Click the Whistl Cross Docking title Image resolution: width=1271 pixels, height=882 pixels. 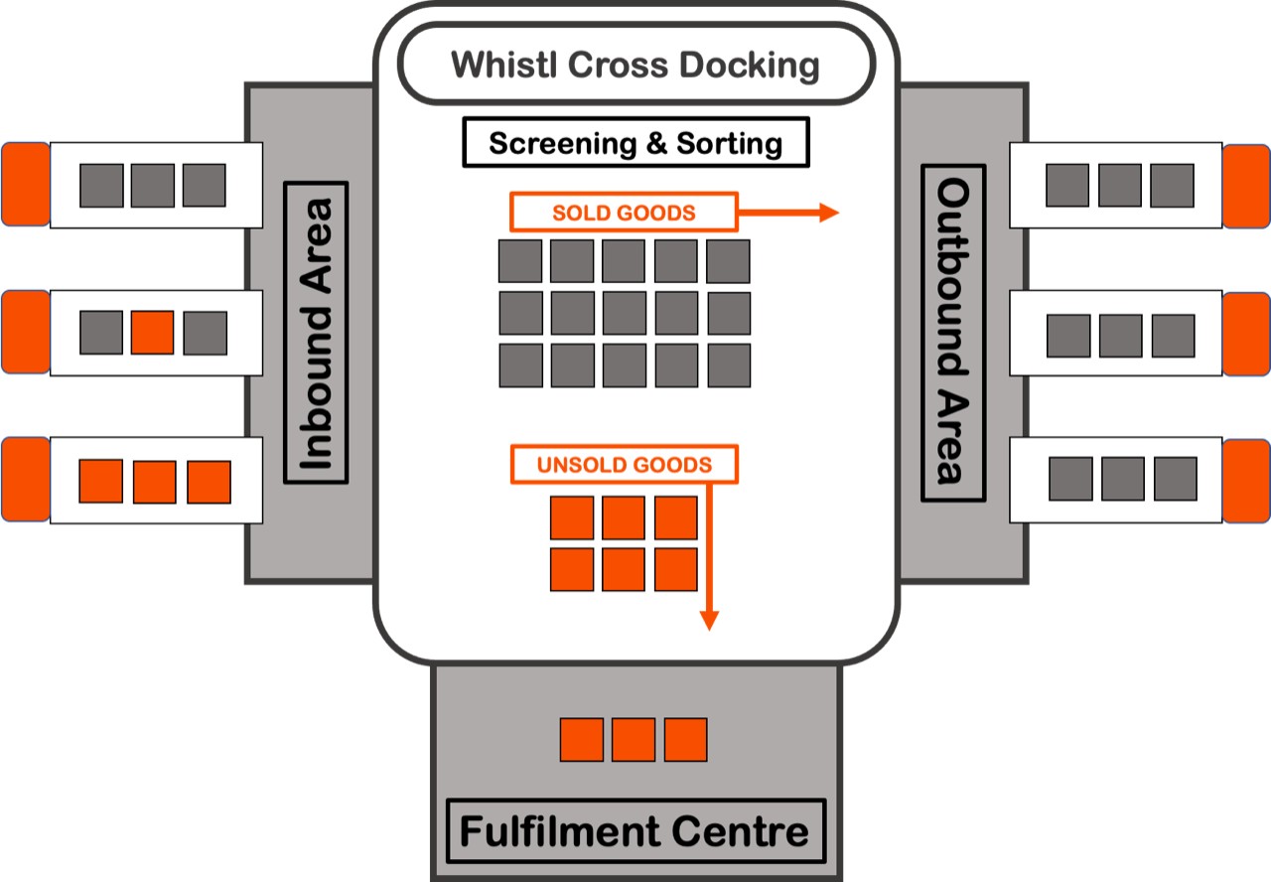[635, 66]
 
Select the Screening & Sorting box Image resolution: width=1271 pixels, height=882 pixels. [635, 143]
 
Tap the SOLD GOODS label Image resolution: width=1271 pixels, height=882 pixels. [624, 213]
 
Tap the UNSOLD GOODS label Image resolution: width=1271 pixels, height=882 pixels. [625, 465]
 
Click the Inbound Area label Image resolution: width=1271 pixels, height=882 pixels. [316, 333]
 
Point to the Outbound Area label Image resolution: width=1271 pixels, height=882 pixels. [953, 333]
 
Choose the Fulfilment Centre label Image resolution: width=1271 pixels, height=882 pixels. [635, 830]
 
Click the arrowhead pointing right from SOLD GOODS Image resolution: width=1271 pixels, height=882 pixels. [830, 213]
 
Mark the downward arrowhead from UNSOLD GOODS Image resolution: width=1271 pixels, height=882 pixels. [708, 620]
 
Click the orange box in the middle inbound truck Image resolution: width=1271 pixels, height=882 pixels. [153, 333]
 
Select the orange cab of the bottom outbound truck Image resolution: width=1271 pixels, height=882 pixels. [1246, 481]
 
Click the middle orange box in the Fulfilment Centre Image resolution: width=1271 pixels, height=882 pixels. [634, 740]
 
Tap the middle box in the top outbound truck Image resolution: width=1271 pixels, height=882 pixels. [1120, 186]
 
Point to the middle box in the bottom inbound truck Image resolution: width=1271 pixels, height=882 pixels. [154, 482]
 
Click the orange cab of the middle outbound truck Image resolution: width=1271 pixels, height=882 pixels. [1246, 334]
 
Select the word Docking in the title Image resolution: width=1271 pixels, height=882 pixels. [751, 66]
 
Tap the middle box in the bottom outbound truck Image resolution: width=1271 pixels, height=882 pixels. [1123, 479]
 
